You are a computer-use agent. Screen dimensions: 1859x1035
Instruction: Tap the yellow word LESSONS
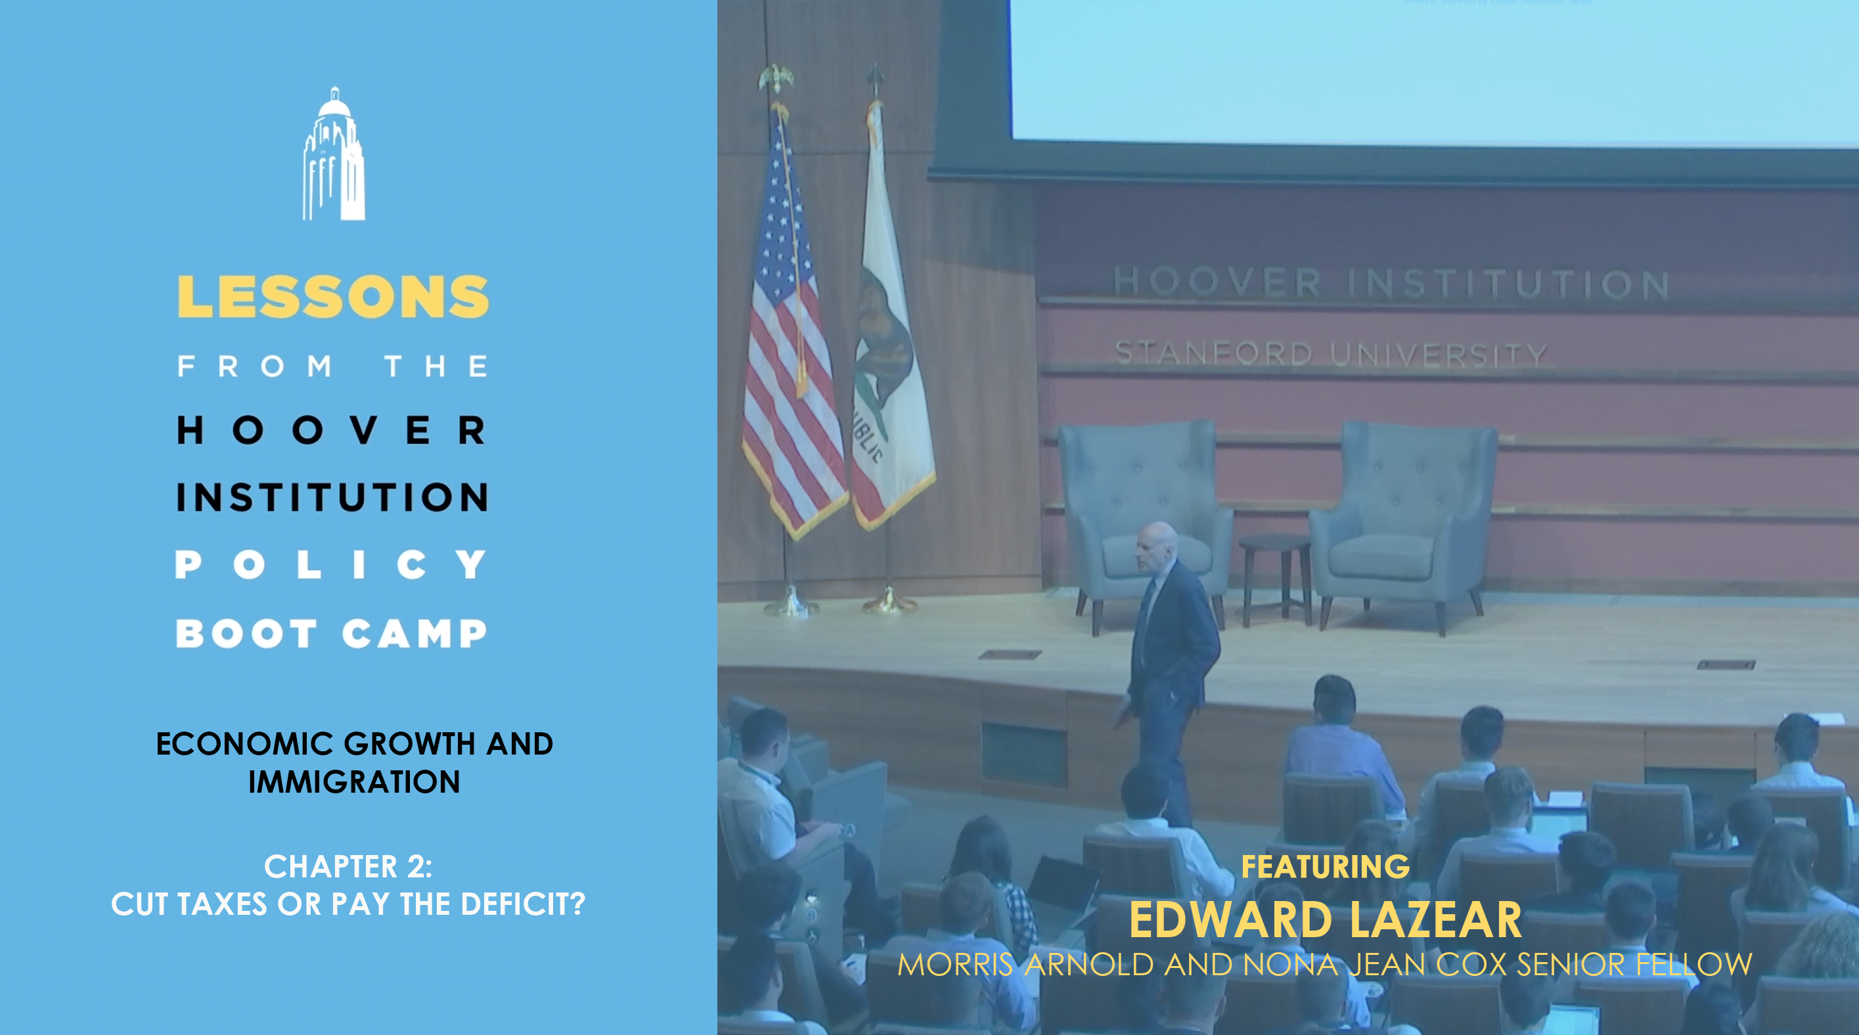[332, 296]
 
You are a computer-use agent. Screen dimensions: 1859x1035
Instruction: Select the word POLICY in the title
[331, 564]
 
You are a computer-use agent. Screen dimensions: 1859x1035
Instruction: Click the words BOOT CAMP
[331, 633]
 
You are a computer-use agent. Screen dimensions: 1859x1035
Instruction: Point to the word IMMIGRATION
[354, 782]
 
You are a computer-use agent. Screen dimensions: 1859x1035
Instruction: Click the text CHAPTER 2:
[348, 866]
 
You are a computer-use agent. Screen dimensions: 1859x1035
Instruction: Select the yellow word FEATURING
[1325, 866]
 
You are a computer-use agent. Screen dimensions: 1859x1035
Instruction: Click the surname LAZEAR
[1435, 919]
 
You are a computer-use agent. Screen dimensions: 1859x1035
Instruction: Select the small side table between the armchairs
[1275, 577]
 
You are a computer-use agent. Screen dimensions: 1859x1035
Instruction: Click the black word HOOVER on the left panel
[331, 430]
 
